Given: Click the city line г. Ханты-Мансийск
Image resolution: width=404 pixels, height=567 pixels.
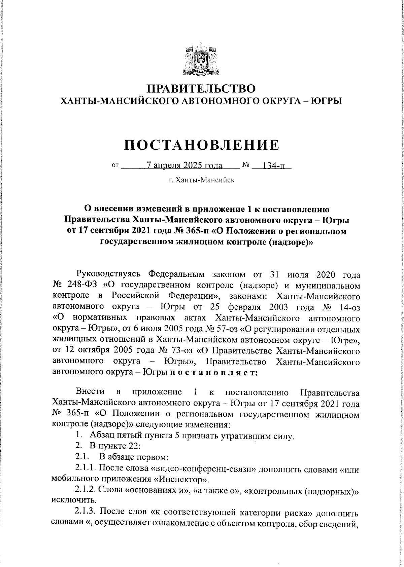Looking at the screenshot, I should pos(201,180).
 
